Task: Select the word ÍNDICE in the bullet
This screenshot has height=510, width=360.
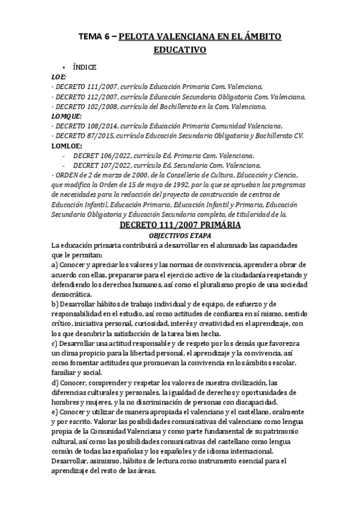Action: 85,67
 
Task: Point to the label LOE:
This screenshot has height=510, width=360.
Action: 59,77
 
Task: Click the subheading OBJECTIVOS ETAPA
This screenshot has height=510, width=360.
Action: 180,236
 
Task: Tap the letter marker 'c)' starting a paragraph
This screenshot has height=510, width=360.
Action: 55,342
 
